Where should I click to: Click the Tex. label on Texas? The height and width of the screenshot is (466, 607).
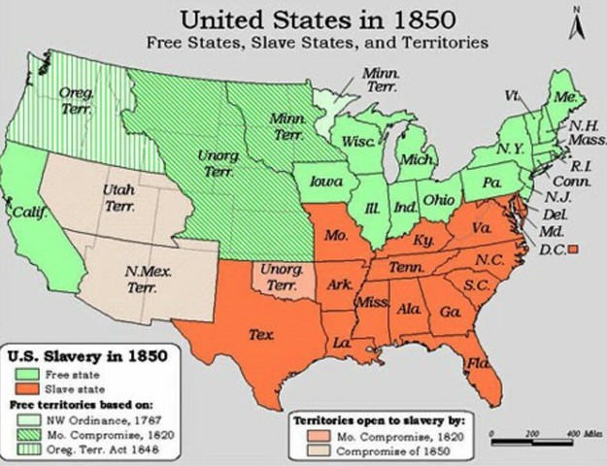pos(260,334)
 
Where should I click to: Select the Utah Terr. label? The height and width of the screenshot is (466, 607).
pos(118,200)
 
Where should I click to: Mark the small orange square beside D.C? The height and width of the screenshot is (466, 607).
pos(573,250)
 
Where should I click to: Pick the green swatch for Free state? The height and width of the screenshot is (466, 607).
pos(28,372)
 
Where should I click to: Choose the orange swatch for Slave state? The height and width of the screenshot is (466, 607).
pos(28,386)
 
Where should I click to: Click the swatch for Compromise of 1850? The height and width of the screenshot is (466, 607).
pos(308,451)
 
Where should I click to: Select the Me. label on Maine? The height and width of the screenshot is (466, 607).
pos(563,98)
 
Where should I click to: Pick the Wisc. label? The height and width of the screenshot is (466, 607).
pos(358,141)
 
